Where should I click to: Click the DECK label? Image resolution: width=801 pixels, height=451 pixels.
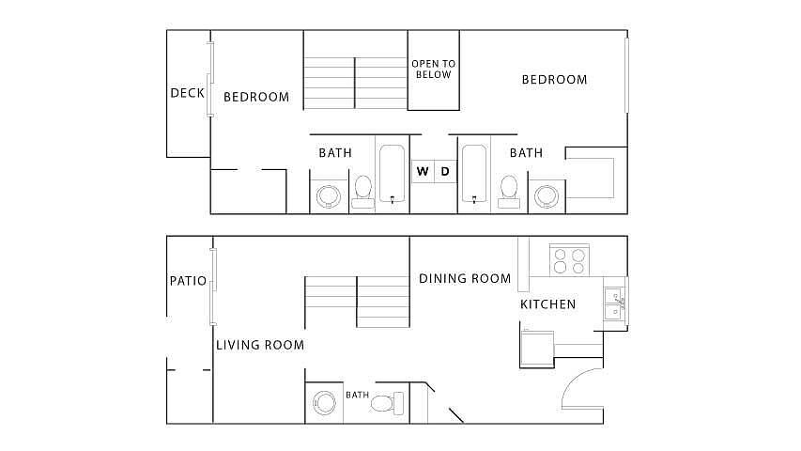click(187, 93)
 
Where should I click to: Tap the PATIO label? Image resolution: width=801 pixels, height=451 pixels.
click(188, 281)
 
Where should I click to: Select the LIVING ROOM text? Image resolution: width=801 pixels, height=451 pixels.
click(260, 345)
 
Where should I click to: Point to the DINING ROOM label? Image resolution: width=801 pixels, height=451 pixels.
click(465, 279)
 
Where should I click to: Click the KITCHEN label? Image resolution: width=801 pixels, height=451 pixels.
click(547, 304)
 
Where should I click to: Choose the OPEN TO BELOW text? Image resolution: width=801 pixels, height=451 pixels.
click(433, 69)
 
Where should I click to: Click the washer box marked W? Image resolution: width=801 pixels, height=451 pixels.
click(423, 171)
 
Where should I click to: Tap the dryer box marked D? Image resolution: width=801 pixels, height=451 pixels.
click(445, 171)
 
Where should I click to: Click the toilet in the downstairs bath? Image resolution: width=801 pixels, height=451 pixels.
click(387, 403)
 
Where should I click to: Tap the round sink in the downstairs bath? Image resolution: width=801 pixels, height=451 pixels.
click(324, 403)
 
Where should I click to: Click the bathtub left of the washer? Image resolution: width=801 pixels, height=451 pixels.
click(392, 174)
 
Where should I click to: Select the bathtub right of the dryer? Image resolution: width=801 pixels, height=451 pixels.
click(474, 174)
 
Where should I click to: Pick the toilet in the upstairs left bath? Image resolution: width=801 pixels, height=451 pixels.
click(363, 192)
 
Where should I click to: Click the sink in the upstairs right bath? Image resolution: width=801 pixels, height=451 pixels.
click(547, 196)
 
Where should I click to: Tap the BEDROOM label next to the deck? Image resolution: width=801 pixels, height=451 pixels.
click(256, 97)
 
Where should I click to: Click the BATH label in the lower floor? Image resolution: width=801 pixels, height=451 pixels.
click(357, 395)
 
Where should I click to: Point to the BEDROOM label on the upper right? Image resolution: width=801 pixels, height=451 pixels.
click(554, 80)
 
